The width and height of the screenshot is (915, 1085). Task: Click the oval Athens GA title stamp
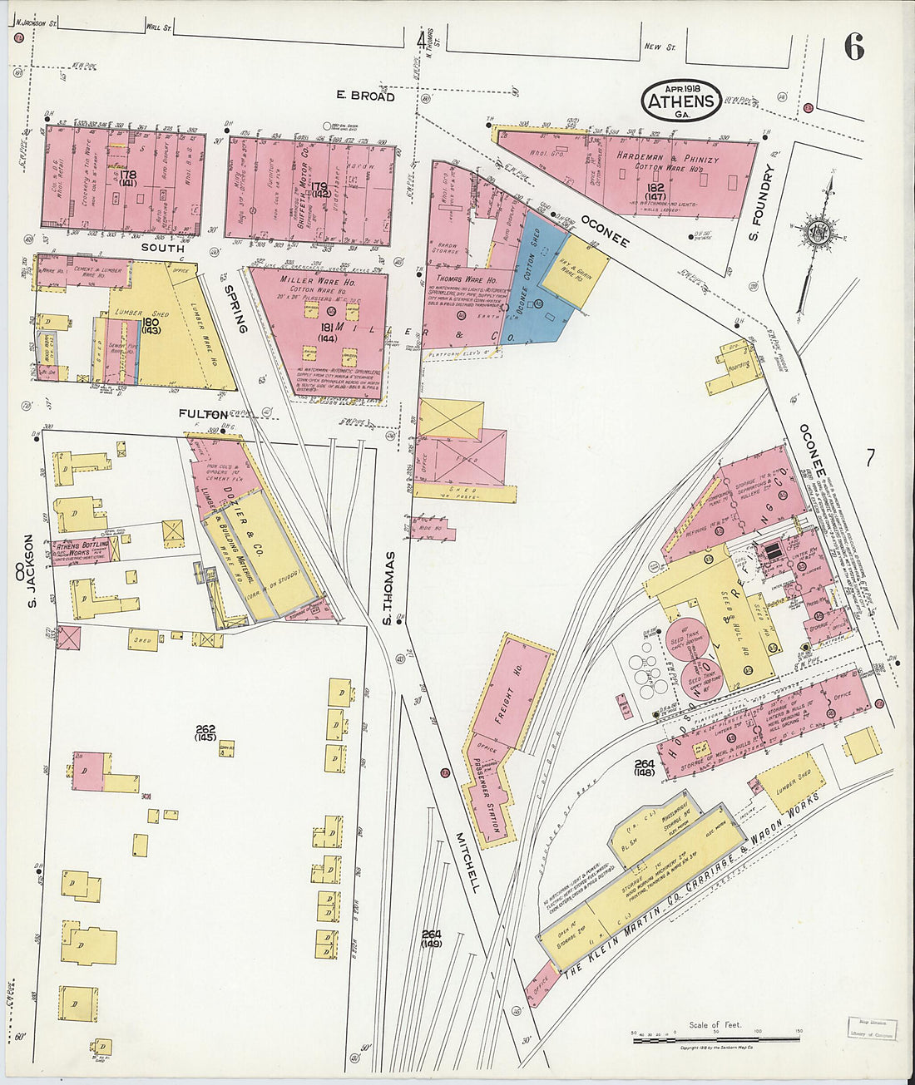(x=681, y=101)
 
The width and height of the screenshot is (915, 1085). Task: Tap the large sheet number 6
(x=853, y=48)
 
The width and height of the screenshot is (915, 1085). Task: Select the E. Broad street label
(x=365, y=96)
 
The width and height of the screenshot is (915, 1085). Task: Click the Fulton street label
(x=203, y=413)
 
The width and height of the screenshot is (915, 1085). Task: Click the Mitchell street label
(x=467, y=862)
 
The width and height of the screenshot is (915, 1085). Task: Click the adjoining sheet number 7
(x=870, y=458)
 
